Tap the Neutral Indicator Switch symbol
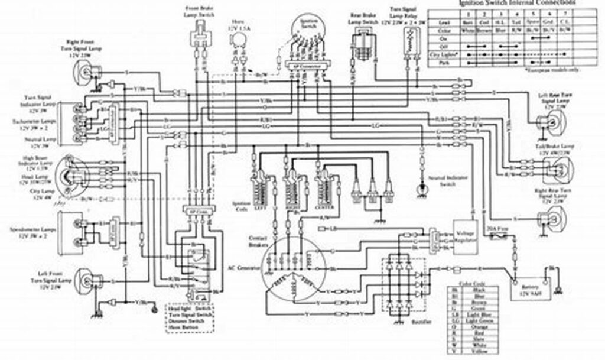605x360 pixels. (422, 189)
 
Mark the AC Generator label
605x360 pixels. (245, 267)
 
